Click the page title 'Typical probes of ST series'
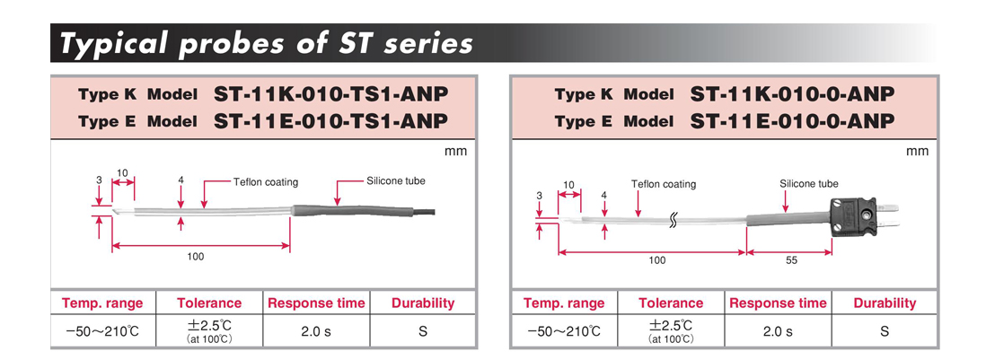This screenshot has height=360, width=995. click(x=266, y=42)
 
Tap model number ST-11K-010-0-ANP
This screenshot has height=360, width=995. click(x=793, y=94)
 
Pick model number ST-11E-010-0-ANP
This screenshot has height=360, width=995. click(x=793, y=121)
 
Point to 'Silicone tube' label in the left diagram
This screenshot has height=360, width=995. click(x=396, y=180)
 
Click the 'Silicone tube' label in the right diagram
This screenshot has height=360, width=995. click(x=808, y=184)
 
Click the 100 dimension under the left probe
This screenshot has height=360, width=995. click(x=195, y=257)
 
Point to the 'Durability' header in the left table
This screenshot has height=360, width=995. click(x=423, y=303)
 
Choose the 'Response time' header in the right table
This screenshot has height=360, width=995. click(x=778, y=303)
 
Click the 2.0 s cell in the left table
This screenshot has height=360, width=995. click(x=315, y=331)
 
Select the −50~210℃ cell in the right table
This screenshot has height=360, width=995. click(x=563, y=331)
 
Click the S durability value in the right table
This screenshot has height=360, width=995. click(x=885, y=331)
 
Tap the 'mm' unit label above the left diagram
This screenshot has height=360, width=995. click(x=455, y=151)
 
